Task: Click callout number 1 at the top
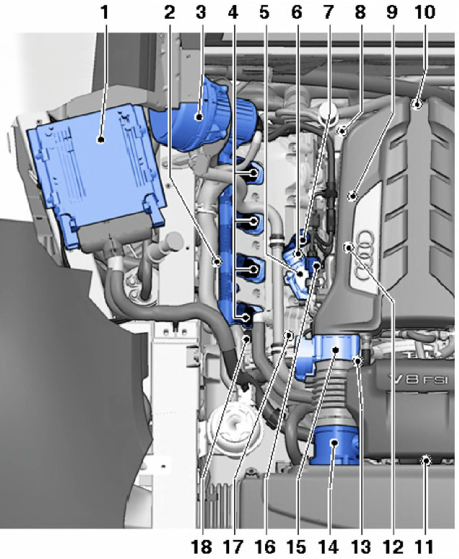click(105, 12)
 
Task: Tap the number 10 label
click(425, 12)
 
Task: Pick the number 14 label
click(329, 546)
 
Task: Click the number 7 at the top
click(329, 12)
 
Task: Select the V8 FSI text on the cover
click(417, 380)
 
